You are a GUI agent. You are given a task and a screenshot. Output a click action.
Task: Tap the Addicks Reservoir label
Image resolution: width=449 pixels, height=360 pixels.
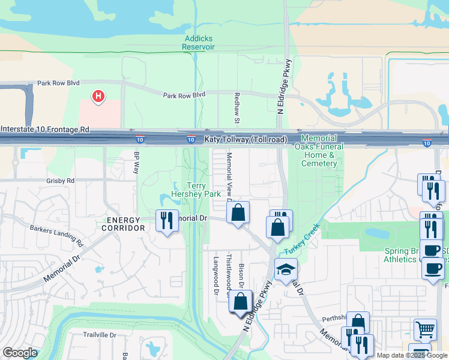click(199, 43)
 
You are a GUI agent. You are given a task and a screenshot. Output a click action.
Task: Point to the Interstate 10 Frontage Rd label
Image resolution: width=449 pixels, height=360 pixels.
click(45, 129)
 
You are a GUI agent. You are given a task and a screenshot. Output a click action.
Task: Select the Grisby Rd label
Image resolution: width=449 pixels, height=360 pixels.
click(60, 180)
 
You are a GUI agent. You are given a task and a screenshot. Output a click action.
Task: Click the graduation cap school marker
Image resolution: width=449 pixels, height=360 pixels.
click(286, 269)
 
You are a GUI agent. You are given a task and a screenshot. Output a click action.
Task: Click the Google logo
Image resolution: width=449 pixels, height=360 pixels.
click(20, 353)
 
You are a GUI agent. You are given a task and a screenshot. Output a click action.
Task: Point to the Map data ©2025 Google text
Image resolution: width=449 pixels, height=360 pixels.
click(411, 355)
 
